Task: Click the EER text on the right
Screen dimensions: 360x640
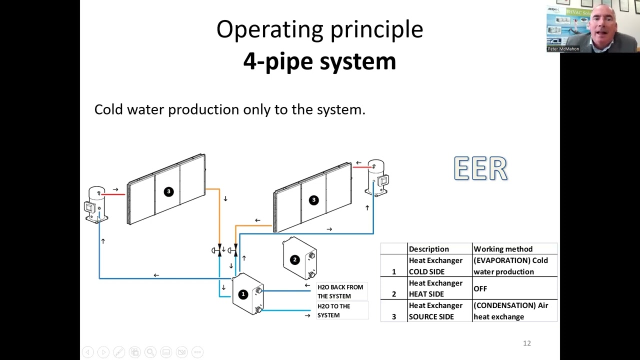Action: point(480,168)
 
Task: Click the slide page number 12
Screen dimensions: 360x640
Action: point(526,343)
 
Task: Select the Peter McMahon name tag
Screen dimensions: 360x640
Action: point(563,49)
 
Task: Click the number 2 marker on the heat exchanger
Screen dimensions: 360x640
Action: point(294,259)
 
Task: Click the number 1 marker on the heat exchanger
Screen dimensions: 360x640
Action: point(243,294)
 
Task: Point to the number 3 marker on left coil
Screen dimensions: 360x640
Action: point(168,191)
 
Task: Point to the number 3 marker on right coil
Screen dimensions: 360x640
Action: point(313,200)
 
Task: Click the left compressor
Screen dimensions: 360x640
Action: point(96,204)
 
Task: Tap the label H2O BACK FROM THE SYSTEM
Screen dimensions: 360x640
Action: point(340,291)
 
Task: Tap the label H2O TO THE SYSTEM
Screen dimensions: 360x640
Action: point(333,310)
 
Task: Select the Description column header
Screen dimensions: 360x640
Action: point(428,249)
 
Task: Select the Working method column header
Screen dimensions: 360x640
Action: point(502,249)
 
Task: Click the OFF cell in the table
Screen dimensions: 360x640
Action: point(480,288)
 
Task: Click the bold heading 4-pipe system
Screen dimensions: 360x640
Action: point(319,61)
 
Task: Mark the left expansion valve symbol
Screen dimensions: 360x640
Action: point(218,250)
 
